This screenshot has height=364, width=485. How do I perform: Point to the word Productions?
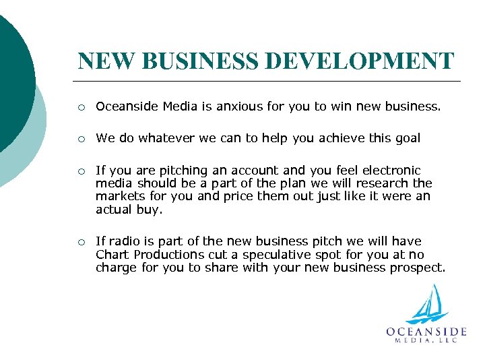click(168, 254)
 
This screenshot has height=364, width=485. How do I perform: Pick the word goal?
click(406, 138)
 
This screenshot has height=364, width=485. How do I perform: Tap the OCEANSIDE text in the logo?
click(426, 332)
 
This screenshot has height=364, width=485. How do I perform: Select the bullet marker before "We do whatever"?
click(81, 139)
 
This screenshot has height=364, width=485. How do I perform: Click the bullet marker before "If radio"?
click(81, 242)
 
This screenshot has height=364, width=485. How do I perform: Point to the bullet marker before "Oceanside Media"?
click(81, 107)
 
